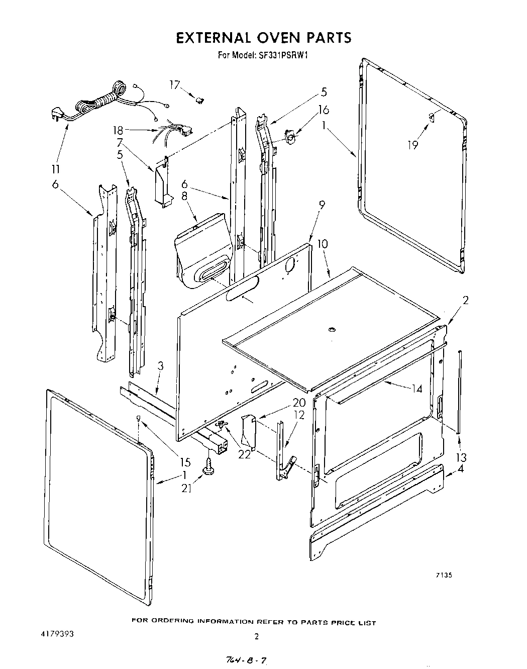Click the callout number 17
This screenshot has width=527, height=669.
click(x=174, y=85)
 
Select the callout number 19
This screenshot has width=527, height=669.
click(x=413, y=146)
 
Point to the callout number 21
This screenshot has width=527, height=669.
click(x=186, y=487)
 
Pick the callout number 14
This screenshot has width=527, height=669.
click(x=416, y=388)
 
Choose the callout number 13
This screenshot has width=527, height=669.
click(x=460, y=457)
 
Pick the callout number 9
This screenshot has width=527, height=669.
click(x=322, y=205)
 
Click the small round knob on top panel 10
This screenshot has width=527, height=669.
click(x=331, y=329)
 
